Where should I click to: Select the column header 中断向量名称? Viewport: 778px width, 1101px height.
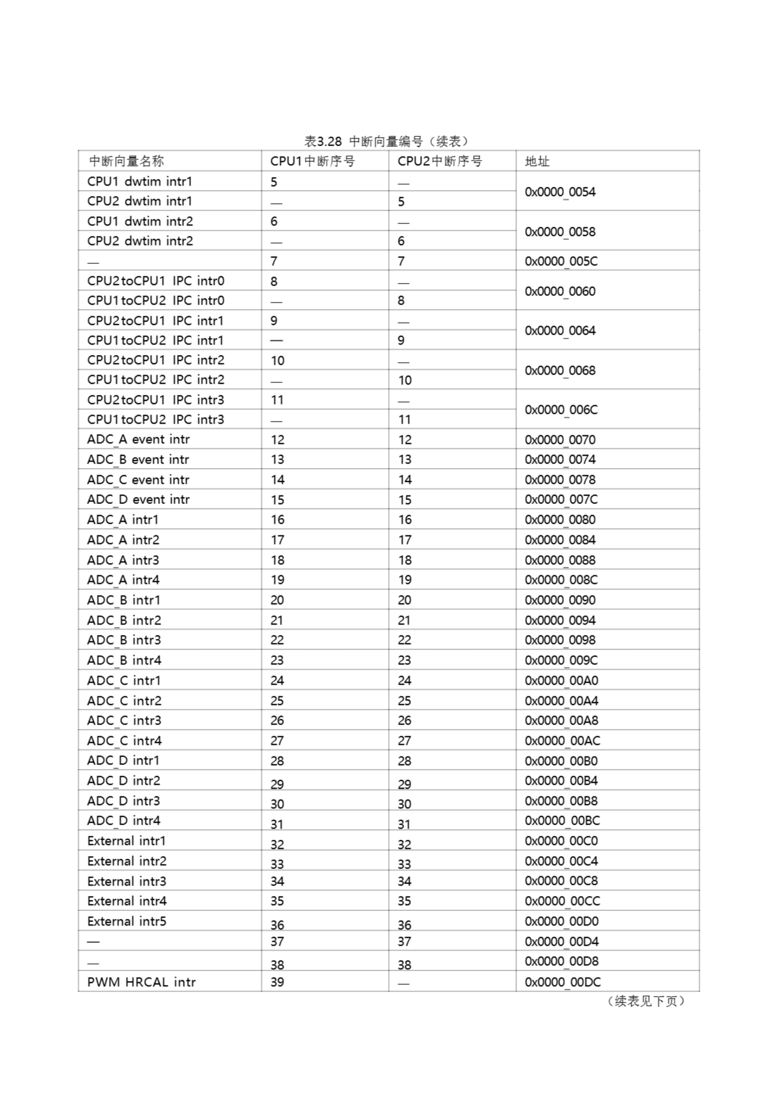(126, 161)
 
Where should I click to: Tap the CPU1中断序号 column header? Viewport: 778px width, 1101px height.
(312, 161)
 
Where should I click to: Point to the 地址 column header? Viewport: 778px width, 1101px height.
(537, 161)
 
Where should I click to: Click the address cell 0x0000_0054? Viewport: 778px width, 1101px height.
(560, 192)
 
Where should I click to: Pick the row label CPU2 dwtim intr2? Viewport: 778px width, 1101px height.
(140, 241)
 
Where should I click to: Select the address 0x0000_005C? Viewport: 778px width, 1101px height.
(561, 261)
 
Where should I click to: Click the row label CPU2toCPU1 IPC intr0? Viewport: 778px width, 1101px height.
(156, 281)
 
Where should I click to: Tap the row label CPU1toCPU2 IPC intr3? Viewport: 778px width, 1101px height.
(156, 420)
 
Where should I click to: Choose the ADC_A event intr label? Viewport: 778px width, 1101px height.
(138, 439)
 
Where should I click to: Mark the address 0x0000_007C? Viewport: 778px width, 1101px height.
(561, 500)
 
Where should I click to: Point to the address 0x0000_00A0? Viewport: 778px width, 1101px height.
(561, 680)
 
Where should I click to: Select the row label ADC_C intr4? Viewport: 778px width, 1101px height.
(124, 741)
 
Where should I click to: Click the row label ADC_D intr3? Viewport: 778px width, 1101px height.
(124, 801)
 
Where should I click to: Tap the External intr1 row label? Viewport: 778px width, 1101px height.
(126, 841)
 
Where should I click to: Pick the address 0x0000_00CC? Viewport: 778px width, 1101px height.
(562, 901)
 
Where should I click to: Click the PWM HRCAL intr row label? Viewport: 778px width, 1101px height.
(141, 982)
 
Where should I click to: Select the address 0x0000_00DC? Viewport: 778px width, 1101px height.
(562, 982)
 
